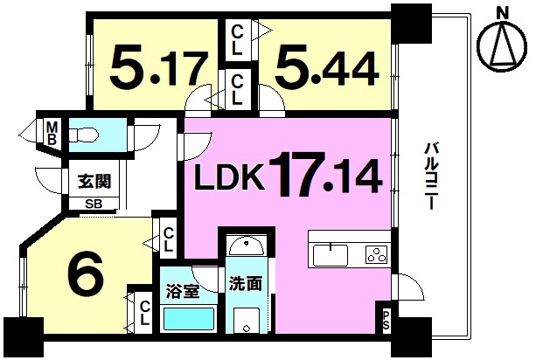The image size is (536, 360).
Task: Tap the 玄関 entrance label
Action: click(x=93, y=183)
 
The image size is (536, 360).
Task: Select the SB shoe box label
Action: click(x=92, y=205)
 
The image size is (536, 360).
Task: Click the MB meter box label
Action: click(x=52, y=133)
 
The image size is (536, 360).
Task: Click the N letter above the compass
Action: click(x=501, y=11)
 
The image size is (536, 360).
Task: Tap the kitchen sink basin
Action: click(x=330, y=254)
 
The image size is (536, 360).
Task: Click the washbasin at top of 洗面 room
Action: click(x=245, y=246)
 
